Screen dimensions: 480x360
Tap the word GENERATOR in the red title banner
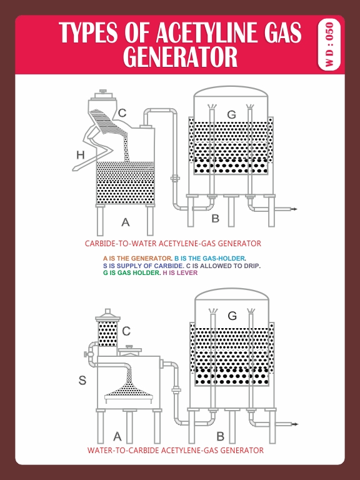(180, 57)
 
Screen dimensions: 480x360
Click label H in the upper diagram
(80, 154)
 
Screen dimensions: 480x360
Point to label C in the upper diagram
(122, 113)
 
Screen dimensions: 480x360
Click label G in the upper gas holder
(231, 114)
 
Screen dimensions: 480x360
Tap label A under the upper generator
(125, 222)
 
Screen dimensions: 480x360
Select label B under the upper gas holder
(215, 219)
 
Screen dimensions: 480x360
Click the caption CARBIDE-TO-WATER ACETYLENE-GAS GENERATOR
(172, 243)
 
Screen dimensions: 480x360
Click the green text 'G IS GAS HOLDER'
(131, 273)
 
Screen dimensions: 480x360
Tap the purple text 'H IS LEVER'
(179, 273)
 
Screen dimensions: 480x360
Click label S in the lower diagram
(82, 379)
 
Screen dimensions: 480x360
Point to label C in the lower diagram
(126, 331)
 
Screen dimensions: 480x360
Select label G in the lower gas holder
(232, 316)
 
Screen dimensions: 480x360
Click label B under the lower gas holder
(220, 436)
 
